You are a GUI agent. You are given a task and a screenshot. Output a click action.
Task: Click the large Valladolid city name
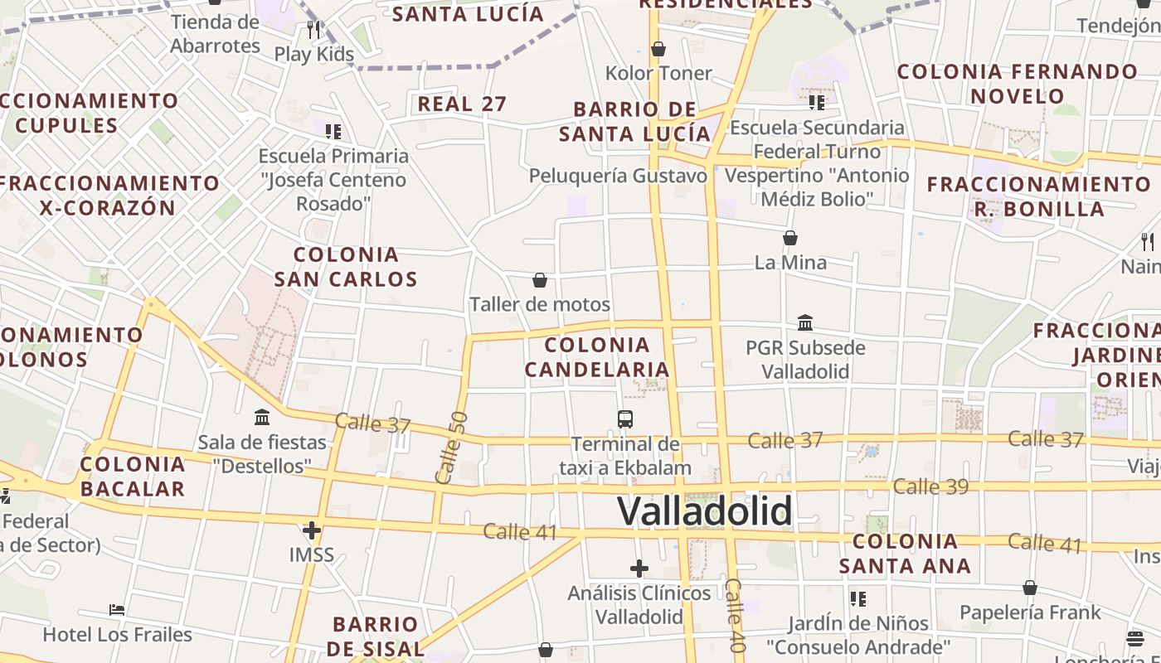(x=704, y=511)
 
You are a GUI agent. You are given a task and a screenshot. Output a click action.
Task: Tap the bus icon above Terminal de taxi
(x=625, y=419)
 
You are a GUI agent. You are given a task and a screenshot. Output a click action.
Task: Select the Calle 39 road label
(x=930, y=486)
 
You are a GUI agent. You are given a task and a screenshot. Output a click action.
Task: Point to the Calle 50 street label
(x=451, y=448)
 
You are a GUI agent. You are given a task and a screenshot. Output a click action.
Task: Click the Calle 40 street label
(x=735, y=615)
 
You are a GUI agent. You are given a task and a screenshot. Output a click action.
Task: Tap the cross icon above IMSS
(x=312, y=530)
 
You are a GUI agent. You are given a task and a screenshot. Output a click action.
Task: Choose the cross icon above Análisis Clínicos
(x=639, y=569)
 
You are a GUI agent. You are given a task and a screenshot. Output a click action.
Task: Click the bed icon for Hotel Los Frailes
(x=117, y=610)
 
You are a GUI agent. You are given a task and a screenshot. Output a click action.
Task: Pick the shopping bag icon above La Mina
(x=790, y=238)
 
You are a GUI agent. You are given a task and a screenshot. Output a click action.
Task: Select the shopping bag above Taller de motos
(x=540, y=280)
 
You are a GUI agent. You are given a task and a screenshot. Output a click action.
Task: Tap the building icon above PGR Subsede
(x=804, y=322)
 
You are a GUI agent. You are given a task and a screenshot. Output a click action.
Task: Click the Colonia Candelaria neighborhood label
(x=596, y=357)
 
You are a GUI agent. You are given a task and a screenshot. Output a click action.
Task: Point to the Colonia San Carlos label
(x=346, y=267)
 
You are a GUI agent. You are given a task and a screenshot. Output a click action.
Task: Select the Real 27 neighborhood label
(x=462, y=104)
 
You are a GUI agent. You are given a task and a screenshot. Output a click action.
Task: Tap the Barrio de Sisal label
(x=376, y=636)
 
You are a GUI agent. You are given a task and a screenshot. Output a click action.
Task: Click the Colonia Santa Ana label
(x=905, y=554)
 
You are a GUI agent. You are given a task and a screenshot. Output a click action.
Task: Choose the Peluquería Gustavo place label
(x=618, y=176)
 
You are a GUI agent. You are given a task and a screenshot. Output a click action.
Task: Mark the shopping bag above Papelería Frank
(x=1029, y=588)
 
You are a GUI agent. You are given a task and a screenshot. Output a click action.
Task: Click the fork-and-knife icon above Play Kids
(x=313, y=31)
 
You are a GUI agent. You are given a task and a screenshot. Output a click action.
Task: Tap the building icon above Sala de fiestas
(x=262, y=417)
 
